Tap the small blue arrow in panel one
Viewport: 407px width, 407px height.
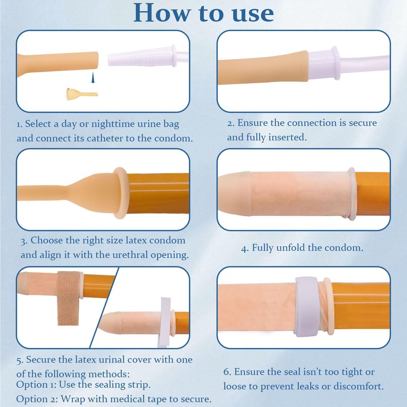pyautogui.click(x=93, y=77)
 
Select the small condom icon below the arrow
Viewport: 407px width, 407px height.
pyautogui.click(x=82, y=94)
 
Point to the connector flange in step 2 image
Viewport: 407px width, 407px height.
pyautogui.click(x=336, y=63)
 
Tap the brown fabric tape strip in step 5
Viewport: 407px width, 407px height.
pyautogui.click(x=68, y=298)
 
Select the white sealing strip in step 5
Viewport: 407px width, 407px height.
pyautogui.click(x=165, y=322)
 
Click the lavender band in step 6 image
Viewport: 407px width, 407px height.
pyautogui.click(x=307, y=306)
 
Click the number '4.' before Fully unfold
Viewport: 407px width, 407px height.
pyautogui.click(x=245, y=248)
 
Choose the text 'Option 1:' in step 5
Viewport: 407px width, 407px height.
pyautogui.click(x=36, y=385)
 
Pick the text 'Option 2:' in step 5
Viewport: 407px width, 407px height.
pyautogui.click(x=37, y=399)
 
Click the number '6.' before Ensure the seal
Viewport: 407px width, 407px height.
pyautogui.click(x=227, y=372)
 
